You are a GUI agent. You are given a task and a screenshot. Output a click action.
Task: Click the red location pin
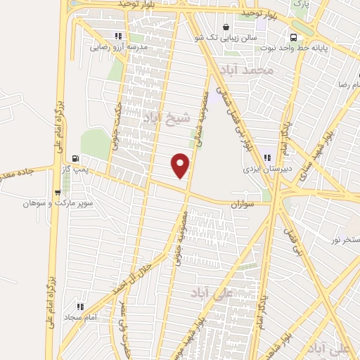(181, 165)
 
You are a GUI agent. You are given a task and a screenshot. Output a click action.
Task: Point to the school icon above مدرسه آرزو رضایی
(118, 36)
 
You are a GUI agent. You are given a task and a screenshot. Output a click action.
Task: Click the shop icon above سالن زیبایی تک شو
(225, 28)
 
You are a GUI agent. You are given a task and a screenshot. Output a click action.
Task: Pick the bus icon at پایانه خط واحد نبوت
(294, 37)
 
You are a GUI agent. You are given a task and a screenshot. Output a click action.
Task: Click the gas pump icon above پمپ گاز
(75, 157)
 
